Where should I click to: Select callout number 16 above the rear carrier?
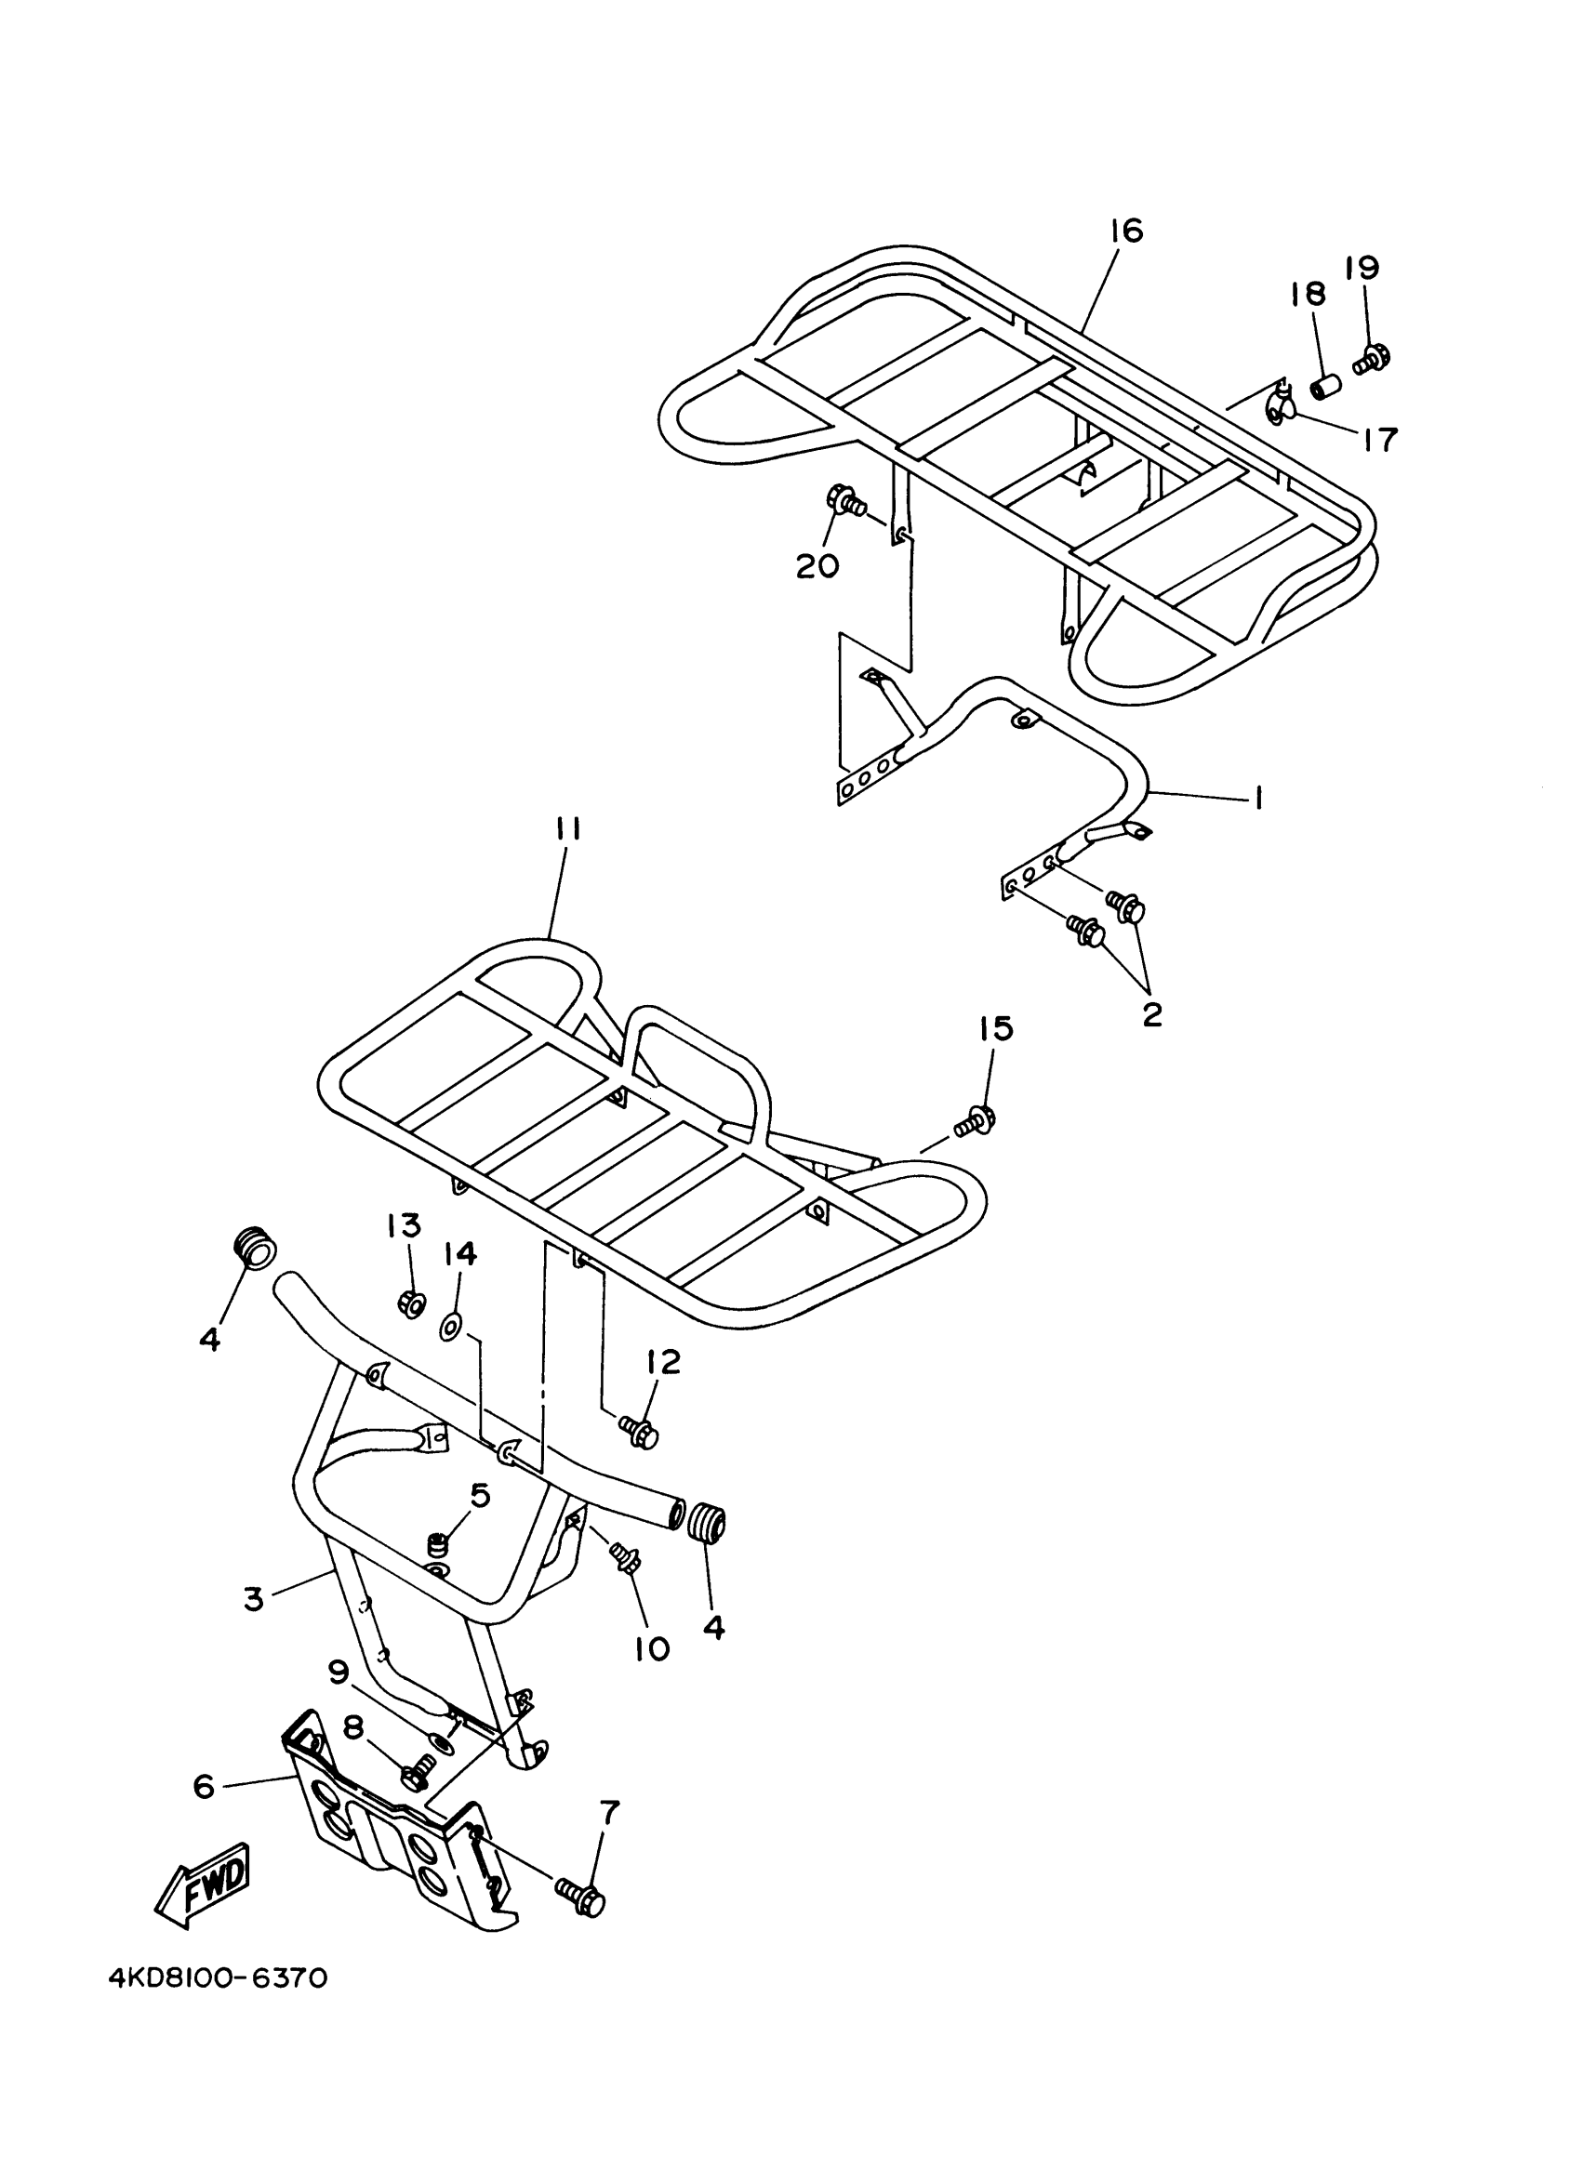1125,231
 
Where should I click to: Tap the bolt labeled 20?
844,501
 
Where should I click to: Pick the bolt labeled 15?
976,1120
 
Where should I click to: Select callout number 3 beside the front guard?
252,1599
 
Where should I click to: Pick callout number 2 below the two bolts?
1152,1014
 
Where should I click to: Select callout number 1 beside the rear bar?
1255,798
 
